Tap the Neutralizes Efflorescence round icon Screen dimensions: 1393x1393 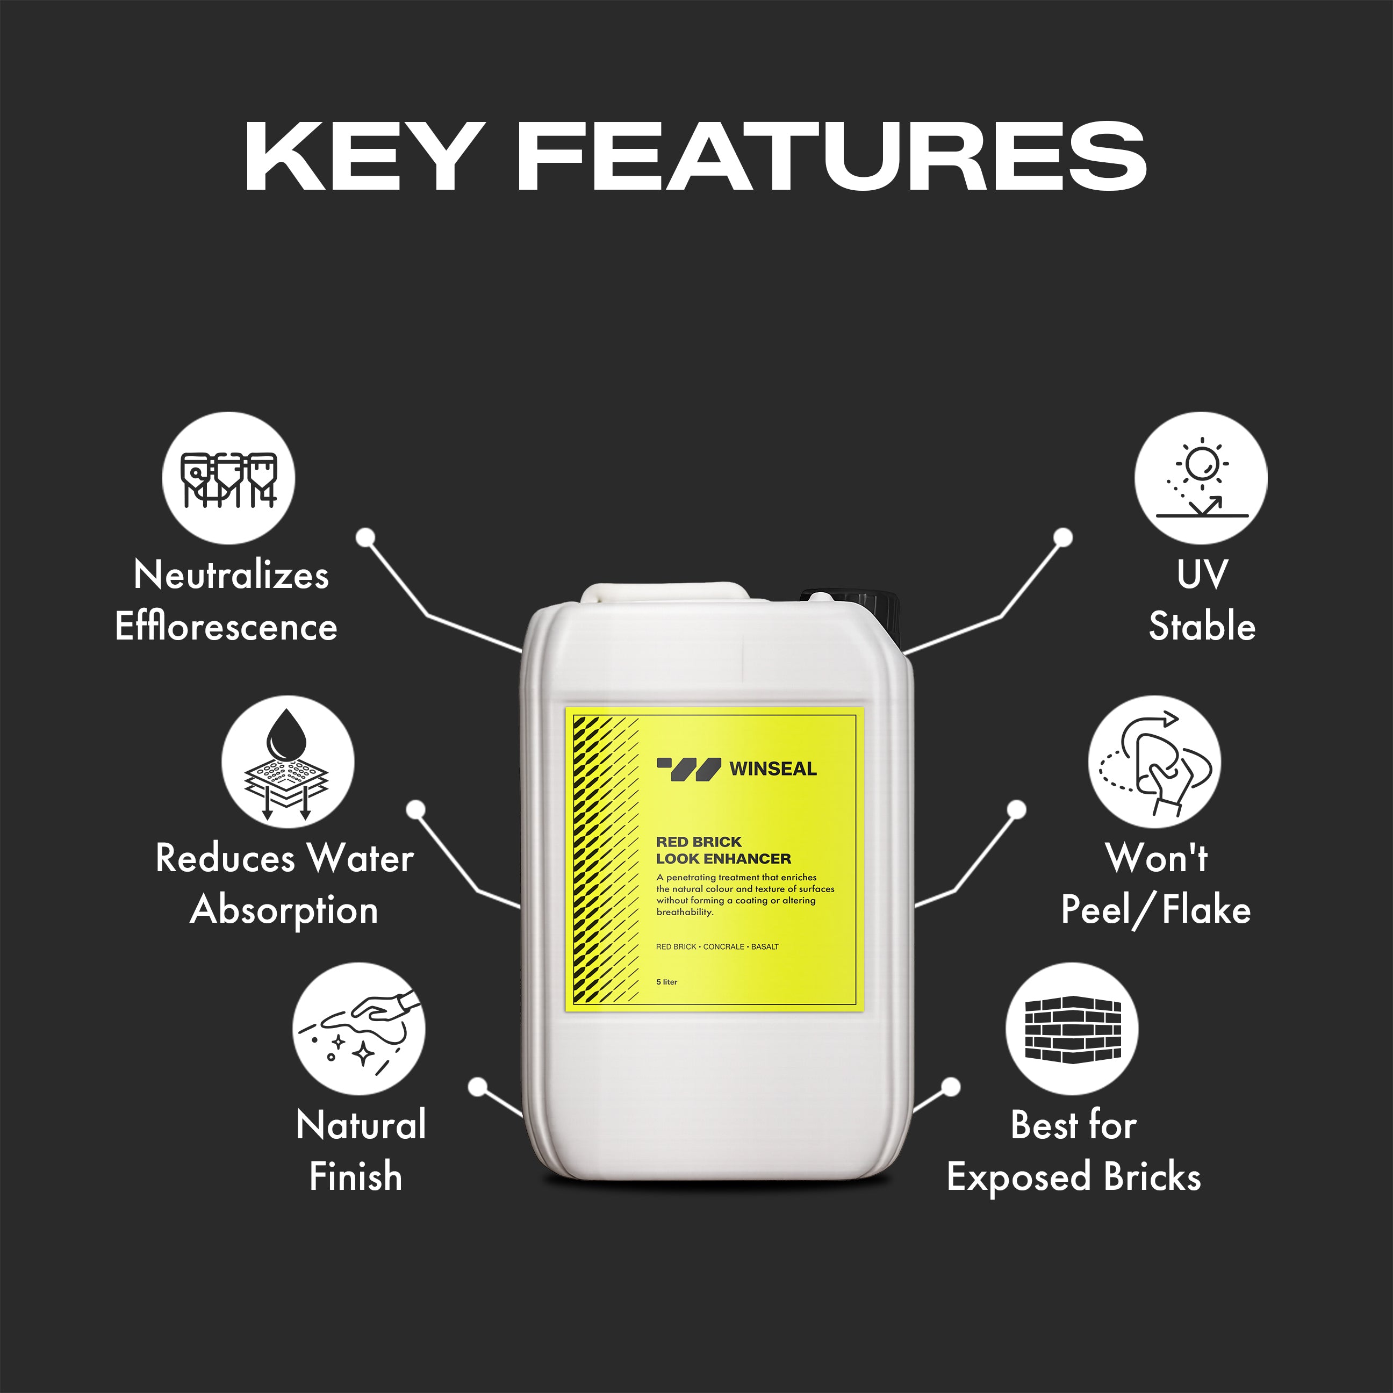[228, 477]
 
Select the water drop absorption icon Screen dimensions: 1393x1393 [288, 762]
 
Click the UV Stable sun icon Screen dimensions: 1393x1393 [1201, 477]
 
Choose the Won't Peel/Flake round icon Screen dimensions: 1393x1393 [1154, 762]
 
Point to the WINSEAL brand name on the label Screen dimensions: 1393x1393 [773, 769]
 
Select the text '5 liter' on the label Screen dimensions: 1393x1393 [666, 982]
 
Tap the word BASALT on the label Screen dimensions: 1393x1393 [764, 947]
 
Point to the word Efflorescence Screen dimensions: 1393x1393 [226, 626]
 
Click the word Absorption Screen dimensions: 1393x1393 [284, 910]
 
